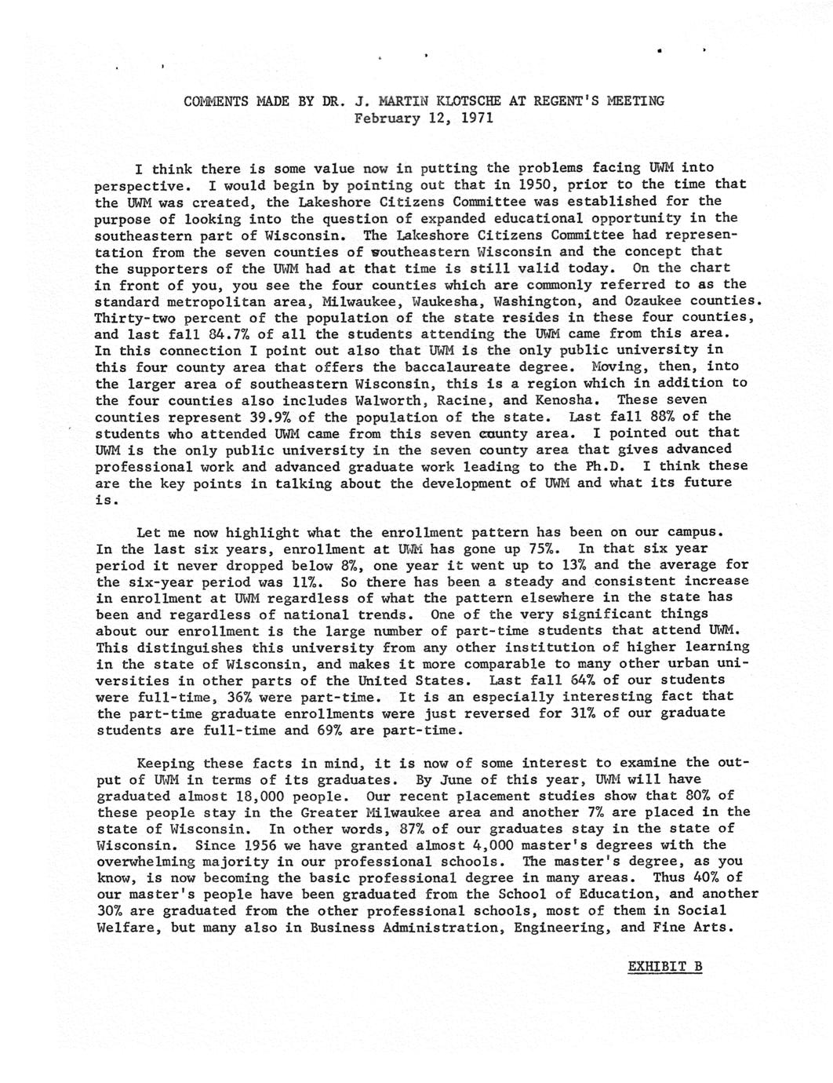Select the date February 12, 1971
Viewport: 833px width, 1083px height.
(424, 118)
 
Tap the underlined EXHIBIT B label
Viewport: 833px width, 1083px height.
(665, 966)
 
